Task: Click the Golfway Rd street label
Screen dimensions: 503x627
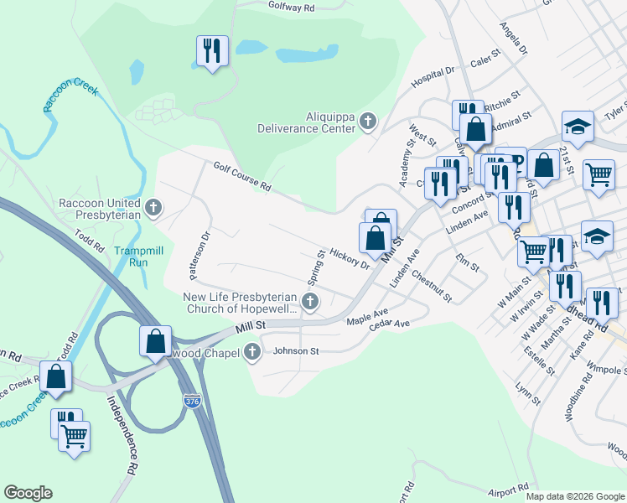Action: pos(291,8)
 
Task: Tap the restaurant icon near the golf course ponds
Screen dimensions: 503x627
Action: pos(212,51)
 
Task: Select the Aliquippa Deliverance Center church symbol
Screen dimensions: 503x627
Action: pos(367,123)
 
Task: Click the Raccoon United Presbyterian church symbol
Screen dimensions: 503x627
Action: pos(153,207)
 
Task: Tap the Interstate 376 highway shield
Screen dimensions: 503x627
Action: pos(191,402)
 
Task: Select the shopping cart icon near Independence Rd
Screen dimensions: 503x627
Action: pos(75,435)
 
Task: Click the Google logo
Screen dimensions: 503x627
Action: pos(28,493)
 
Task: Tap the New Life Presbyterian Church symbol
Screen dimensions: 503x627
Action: pos(311,302)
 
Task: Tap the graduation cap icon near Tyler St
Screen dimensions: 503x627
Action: pos(578,127)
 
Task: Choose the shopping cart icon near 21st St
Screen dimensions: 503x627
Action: pos(598,175)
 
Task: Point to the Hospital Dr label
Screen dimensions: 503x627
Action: pos(432,77)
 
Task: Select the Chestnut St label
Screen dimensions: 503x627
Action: pos(432,286)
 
